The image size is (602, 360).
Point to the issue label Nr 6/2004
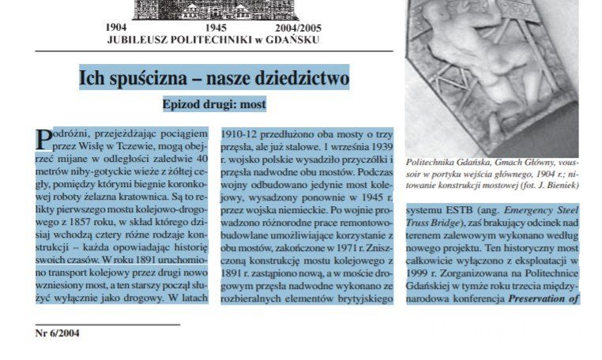pos(58,332)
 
